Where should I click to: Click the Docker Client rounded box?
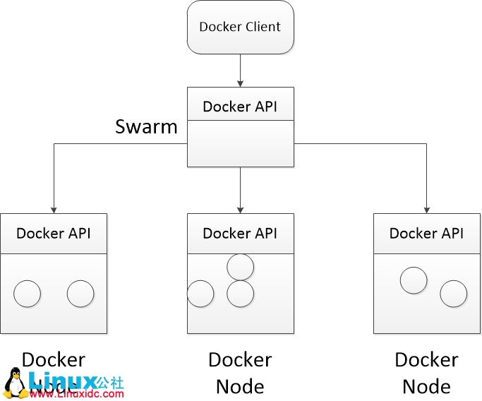(240, 28)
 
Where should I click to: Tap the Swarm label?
(147, 127)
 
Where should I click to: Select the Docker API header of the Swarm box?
(240, 106)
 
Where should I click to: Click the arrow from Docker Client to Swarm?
(240, 70)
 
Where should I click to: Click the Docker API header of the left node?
(54, 233)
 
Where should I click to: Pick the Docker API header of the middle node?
(240, 233)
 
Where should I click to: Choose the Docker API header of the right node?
(426, 233)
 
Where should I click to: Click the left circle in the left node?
(28, 294)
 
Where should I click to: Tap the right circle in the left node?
(80, 294)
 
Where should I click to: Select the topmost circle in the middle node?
(240, 266)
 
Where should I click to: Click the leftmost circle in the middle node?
(200, 294)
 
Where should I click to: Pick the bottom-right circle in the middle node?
(240, 294)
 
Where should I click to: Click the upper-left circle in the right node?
(414, 280)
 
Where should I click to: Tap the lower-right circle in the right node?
(453, 294)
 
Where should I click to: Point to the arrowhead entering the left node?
(54, 208)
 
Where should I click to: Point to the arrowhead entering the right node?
(426, 208)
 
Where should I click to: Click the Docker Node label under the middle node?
(240, 373)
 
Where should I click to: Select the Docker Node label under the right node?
(426, 373)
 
